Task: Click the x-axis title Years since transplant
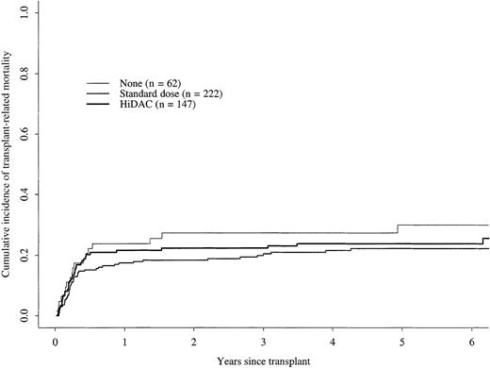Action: [x=265, y=360]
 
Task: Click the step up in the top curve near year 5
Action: [x=398, y=229]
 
